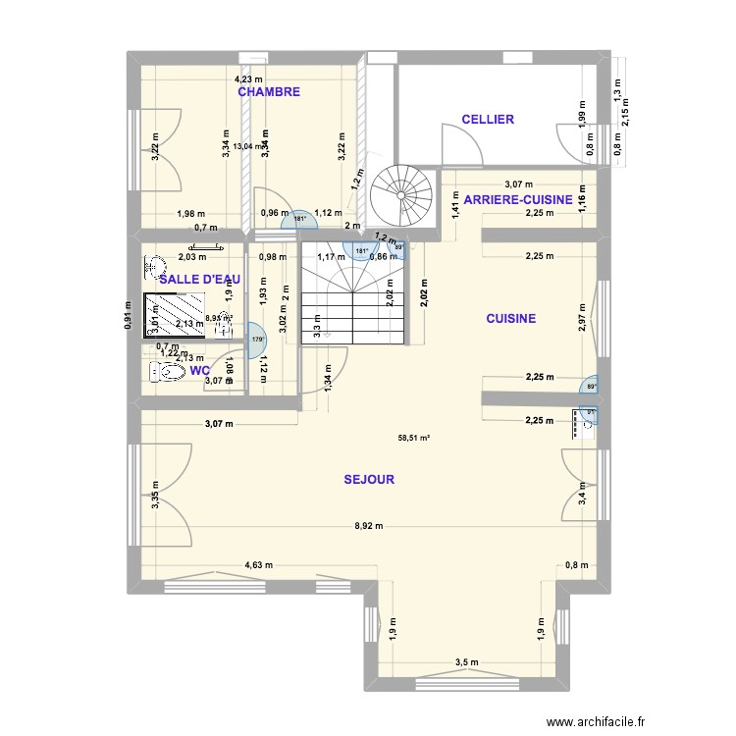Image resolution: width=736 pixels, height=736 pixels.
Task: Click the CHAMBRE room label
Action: (x=269, y=91)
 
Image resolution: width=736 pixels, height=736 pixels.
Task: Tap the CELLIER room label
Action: (x=488, y=120)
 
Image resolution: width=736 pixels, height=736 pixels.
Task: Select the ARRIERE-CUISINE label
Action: (x=518, y=199)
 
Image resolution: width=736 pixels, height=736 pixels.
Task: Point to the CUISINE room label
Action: (x=510, y=318)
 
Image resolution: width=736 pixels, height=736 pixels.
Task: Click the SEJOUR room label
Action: (x=369, y=480)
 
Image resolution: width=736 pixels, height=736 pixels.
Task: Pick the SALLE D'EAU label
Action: (x=200, y=280)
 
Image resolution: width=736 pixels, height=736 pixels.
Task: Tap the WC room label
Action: (x=199, y=371)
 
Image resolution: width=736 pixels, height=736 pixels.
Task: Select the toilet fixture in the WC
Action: (x=166, y=373)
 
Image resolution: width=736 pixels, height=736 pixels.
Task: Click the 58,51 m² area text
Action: (x=413, y=439)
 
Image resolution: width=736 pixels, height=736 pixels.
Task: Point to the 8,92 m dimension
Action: (x=368, y=527)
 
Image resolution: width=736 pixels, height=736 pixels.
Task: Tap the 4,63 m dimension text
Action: (x=258, y=565)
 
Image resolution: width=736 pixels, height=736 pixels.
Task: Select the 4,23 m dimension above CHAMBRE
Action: (x=246, y=79)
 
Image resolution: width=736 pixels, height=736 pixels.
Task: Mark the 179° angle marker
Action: (x=259, y=340)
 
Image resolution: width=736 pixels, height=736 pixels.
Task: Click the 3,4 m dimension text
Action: (x=583, y=498)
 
